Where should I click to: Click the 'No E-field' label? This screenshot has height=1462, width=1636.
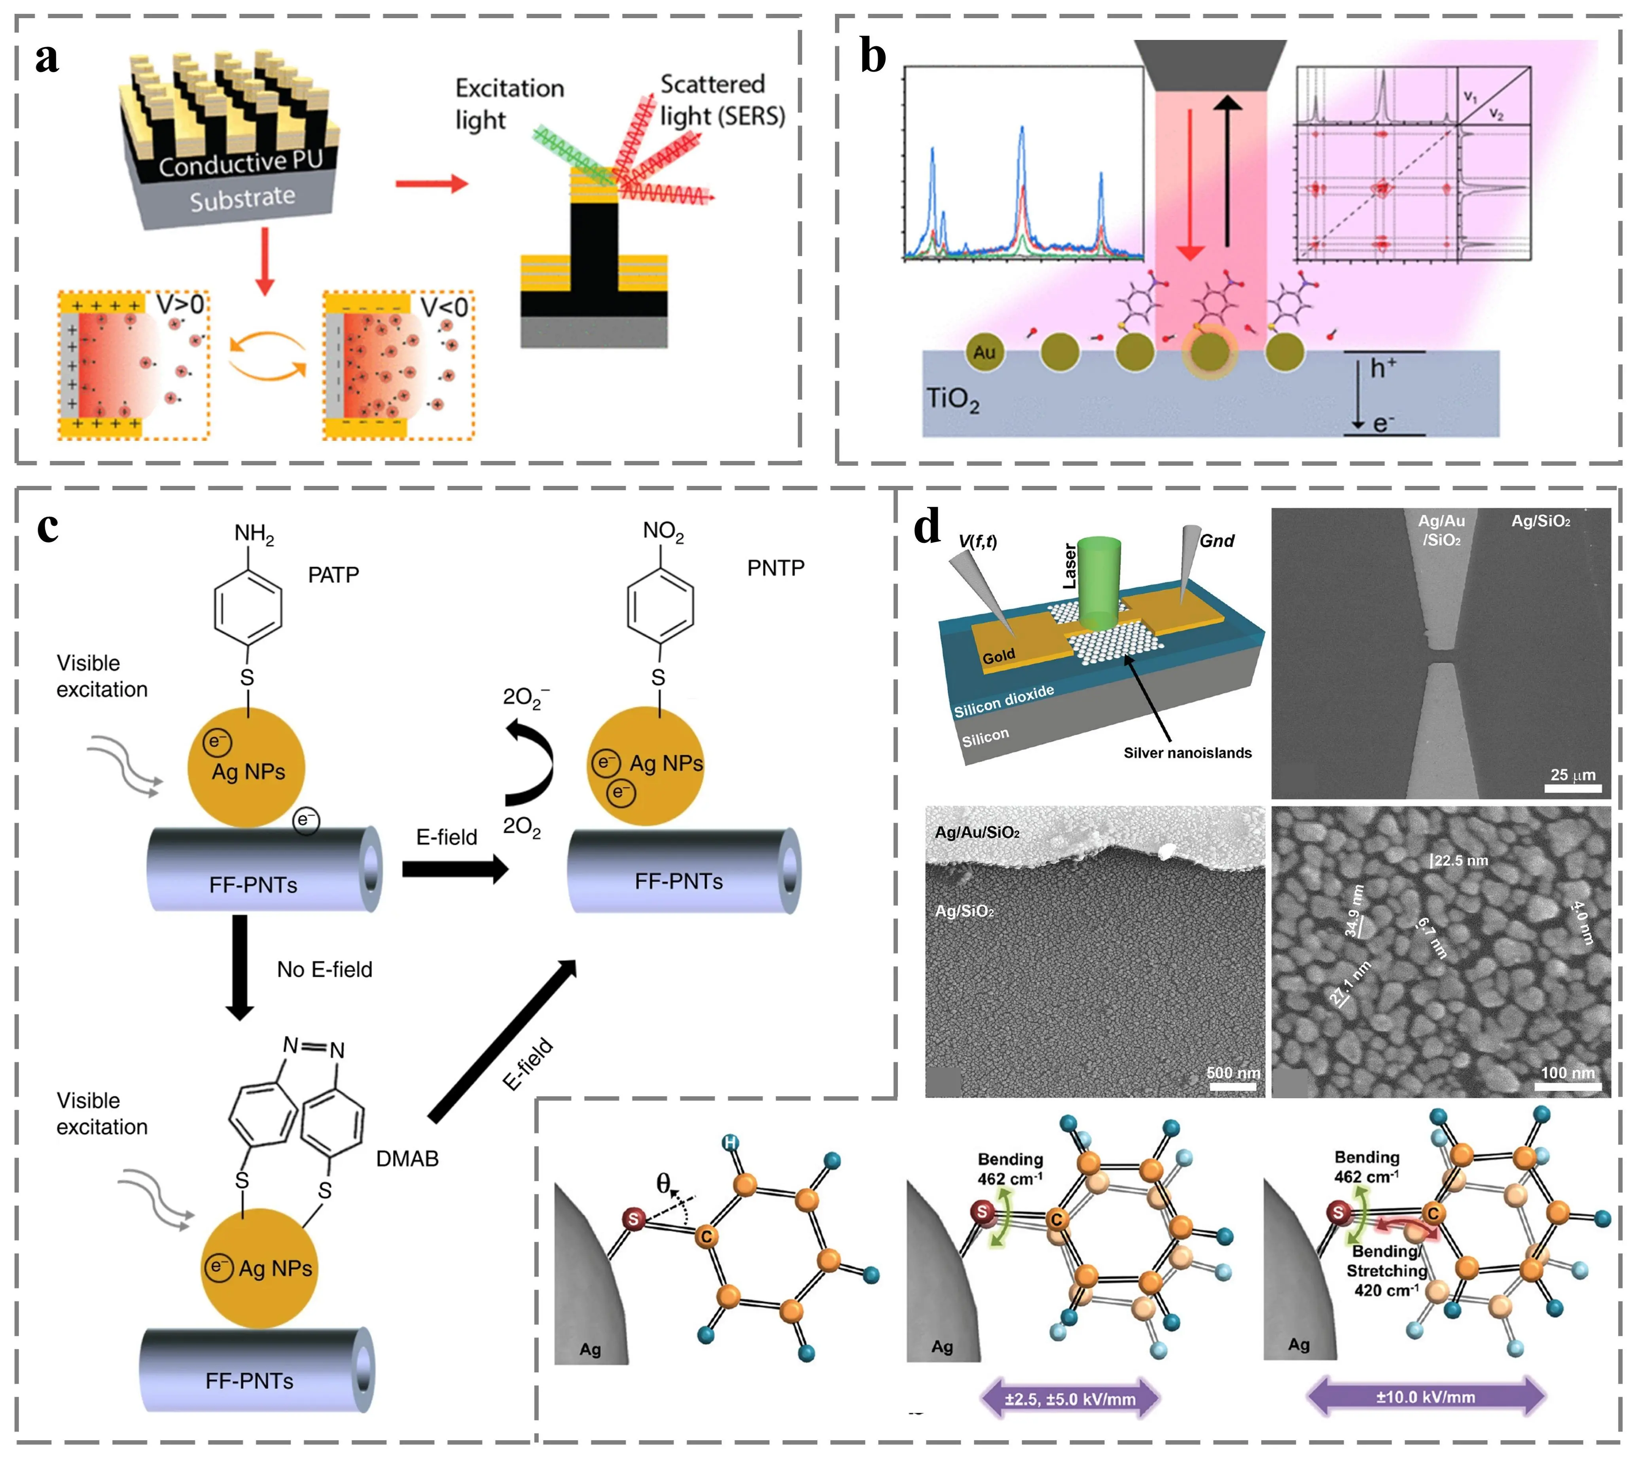tap(325, 969)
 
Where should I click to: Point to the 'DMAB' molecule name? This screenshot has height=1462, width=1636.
tap(407, 1158)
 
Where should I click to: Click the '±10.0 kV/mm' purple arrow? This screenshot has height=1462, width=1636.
tap(1426, 1397)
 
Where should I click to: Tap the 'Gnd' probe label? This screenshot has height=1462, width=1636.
tap(1217, 540)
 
